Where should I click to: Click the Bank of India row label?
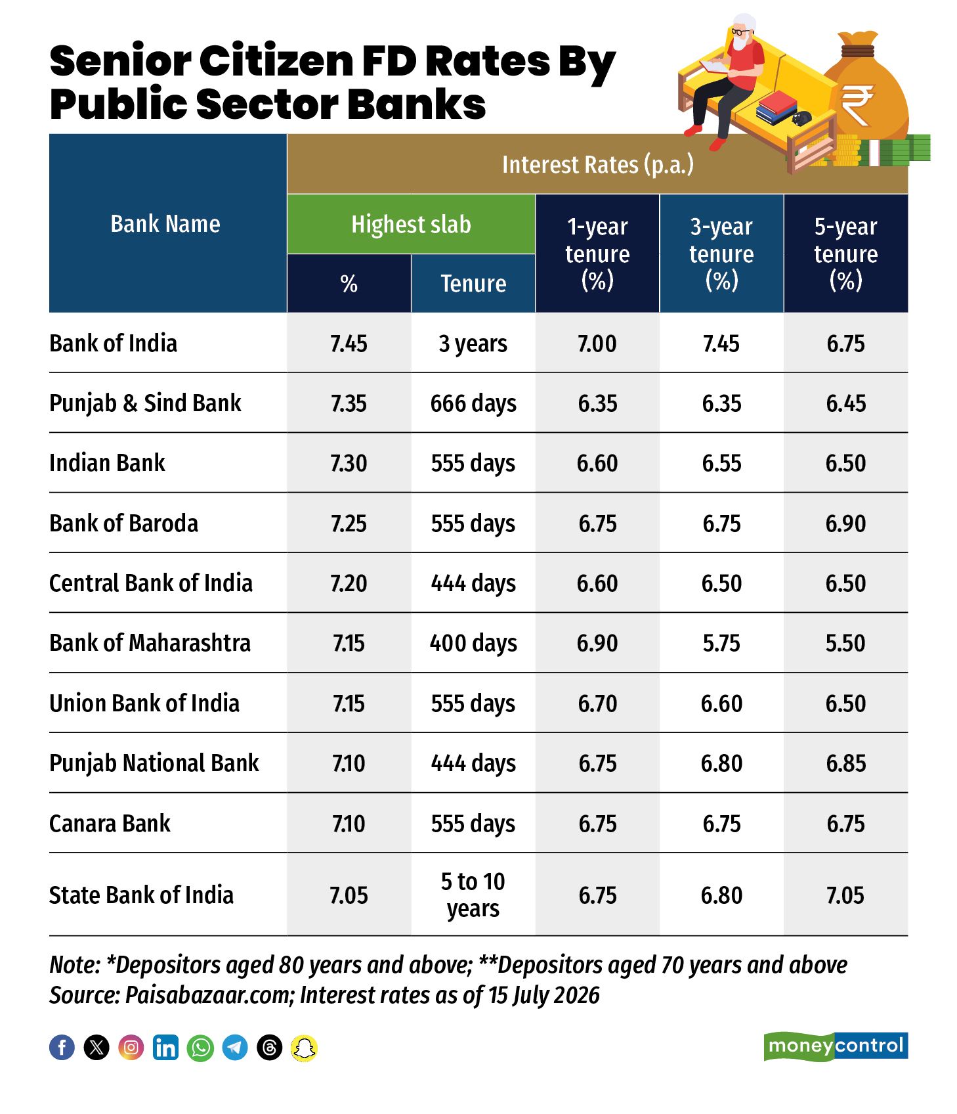[113, 344]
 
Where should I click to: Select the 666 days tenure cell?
[473, 403]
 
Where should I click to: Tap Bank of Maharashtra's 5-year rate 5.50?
[845, 643]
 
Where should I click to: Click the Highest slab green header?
[411, 224]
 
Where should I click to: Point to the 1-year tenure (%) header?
[597, 254]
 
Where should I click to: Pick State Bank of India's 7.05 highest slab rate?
[349, 895]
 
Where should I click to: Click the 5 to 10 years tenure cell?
[473, 895]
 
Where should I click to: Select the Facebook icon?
[62, 1047]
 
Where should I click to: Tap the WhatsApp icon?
[200, 1047]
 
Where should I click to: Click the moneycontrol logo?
[836, 1046]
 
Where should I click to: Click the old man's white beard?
[740, 42]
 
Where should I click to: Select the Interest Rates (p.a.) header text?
[597, 164]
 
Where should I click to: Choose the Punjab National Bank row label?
[154, 763]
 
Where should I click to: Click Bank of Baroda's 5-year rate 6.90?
[845, 524]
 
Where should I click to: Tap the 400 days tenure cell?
[473, 643]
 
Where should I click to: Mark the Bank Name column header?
[165, 224]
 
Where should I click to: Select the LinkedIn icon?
[165, 1047]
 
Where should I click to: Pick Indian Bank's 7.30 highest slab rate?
[349, 463]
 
